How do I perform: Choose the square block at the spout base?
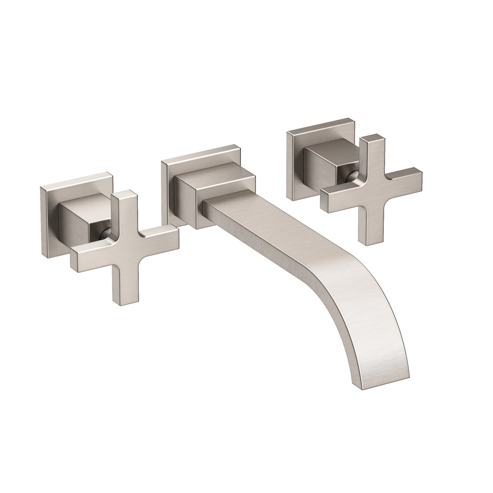(205, 191)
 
